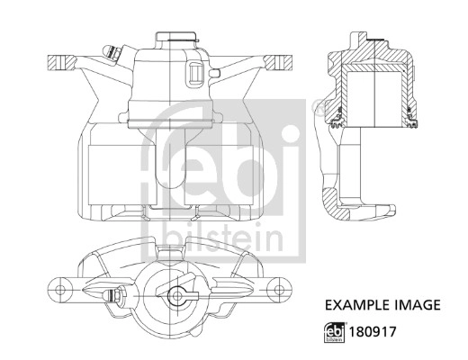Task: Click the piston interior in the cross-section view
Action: pyautogui.click(x=376, y=94)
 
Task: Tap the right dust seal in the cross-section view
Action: pyautogui.click(x=413, y=114)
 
